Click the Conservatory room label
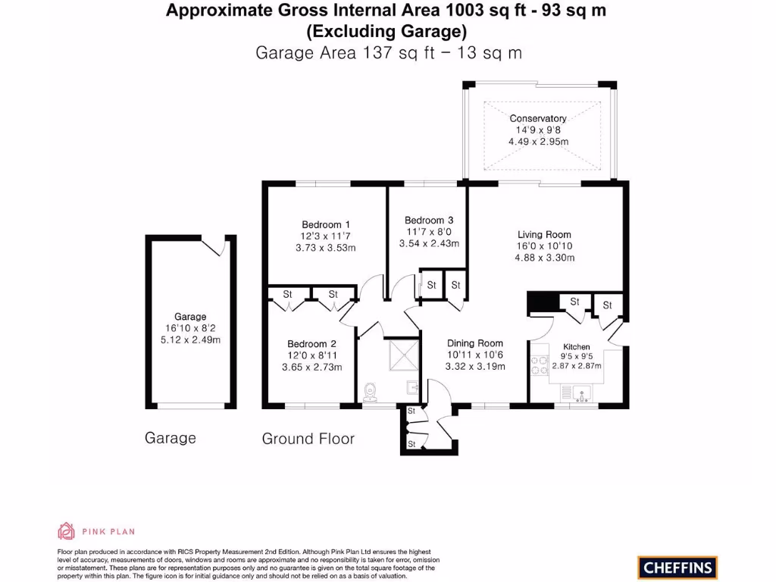[537, 118]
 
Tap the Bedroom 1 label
[326, 224]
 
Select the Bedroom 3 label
[429, 220]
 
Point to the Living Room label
[544, 234]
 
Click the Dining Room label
[475, 343]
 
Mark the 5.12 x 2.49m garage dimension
[190, 339]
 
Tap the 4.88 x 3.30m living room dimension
[544, 258]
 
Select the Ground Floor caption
[308, 439]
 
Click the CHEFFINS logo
[677, 566]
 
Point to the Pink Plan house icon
[66, 530]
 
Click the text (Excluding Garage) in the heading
[386, 32]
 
